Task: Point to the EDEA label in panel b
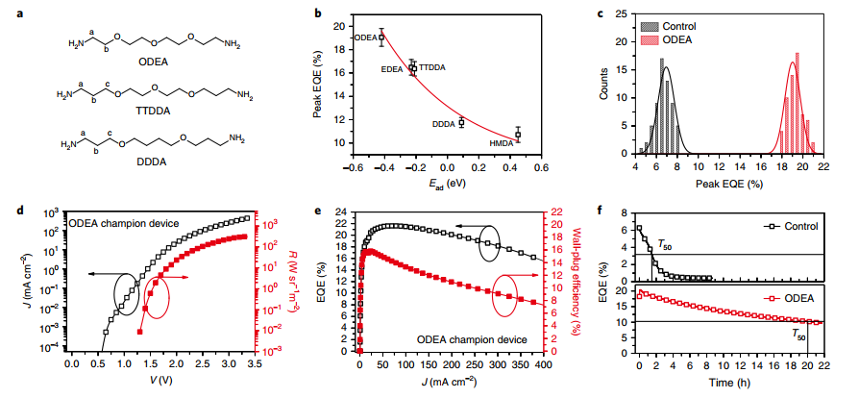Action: [393, 69]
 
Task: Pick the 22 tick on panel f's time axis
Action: [823, 366]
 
